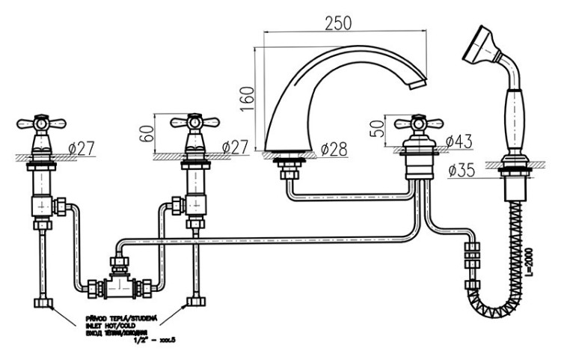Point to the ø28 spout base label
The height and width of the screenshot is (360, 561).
point(334,149)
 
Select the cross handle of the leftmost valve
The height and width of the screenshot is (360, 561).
point(36,123)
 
